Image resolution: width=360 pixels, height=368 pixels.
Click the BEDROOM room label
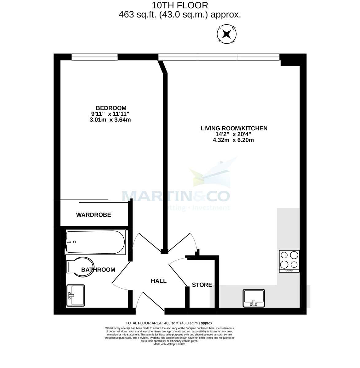click(x=111, y=108)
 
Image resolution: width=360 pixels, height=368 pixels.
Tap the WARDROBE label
click(x=94, y=215)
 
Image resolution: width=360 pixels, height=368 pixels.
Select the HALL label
click(x=159, y=281)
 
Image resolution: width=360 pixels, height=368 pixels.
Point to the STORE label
click(x=202, y=285)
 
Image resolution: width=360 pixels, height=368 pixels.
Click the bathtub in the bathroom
click(x=95, y=242)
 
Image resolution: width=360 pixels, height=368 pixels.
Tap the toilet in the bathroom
click(x=80, y=267)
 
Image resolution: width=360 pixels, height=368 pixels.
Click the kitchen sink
click(x=254, y=298)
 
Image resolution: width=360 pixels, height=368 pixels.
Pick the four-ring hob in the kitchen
click(x=289, y=261)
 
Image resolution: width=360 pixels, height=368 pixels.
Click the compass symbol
click(x=226, y=34)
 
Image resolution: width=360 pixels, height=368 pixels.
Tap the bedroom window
click(x=95, y=57)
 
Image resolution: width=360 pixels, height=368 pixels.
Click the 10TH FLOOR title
click(x=180, y=6)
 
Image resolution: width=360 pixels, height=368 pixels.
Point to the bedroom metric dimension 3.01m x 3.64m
click(x=110, y=120)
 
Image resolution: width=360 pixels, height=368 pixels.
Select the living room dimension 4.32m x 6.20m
click(x=233, y=140)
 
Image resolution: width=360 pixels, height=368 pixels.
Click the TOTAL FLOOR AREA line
click(x=169, y=323)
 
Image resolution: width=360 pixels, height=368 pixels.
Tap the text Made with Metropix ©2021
click(x=169, y=344)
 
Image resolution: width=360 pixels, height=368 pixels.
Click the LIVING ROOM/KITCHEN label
click(x=234, y=128)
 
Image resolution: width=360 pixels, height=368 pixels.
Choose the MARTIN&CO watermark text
click(x=176, y=196)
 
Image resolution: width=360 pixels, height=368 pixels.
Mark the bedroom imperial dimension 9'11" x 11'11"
click(x=110, y=114)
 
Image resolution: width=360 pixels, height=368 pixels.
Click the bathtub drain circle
click(x=74, y=242)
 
